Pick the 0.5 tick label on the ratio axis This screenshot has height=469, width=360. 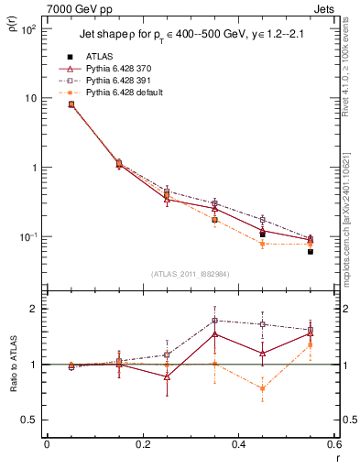30,420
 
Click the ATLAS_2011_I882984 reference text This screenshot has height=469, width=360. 190,273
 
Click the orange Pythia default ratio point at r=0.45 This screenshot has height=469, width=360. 263,388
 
